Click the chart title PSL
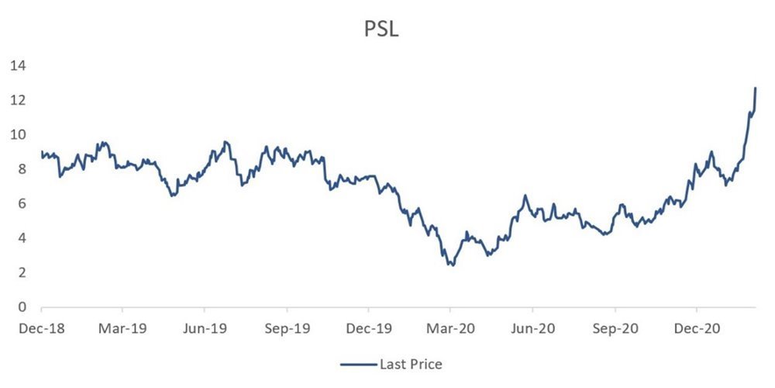click(x=381, y=29)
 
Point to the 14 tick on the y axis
click(x=19, y=66)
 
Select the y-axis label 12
click(x=19, y=100)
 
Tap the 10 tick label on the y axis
click(x=19, y=135)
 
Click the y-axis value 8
click(x=22, y=169)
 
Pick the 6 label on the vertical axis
click(x=22, y=204)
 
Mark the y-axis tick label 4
click(x=22, y=238)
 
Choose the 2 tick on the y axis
click(x=22, y=272)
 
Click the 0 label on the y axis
click(x=22, y=307)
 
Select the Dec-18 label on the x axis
click(x=42, y=328)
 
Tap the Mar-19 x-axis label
click(x=122, y=328)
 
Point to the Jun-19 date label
click(x=205, y=328)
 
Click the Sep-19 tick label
click(x=288, y=328)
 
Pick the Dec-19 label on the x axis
click(x=368, y=328)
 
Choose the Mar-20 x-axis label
click(x=449, y=328)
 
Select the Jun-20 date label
click(x=532, y=328)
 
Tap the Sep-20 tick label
click(x=615, y=328)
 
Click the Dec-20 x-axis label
click(x=697, y=328)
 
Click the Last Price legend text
click(x=411, y=365)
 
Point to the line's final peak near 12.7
click(x=755, y=88)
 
